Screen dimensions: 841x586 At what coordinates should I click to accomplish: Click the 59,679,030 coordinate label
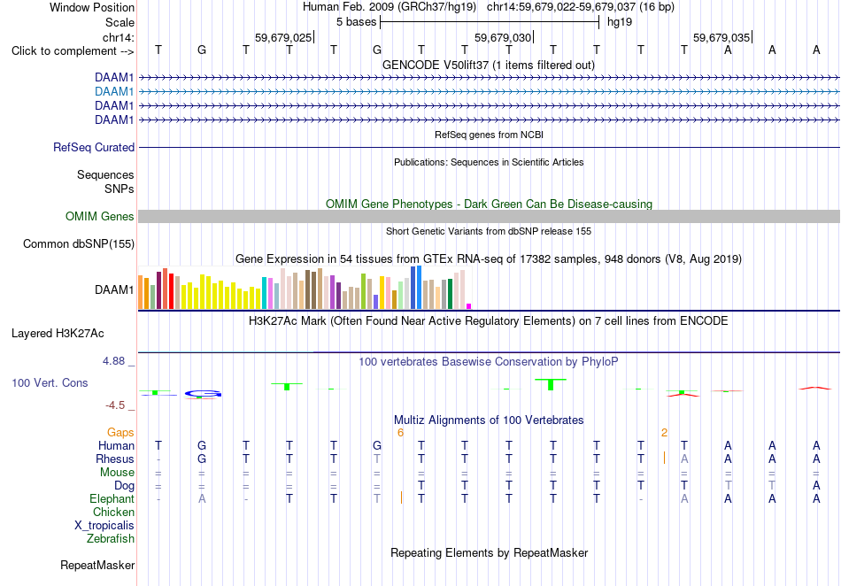pos(503,37)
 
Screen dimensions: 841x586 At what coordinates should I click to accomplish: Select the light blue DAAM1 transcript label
pos(114,92)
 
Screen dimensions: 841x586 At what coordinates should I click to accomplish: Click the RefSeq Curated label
pos(94,148)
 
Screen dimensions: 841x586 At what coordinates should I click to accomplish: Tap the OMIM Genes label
pos(100,216)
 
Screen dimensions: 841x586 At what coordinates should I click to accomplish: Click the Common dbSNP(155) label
pos(79,244)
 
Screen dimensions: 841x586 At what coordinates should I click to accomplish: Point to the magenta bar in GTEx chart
pos(469,306)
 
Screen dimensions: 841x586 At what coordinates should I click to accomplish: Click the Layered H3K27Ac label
pos(58,334)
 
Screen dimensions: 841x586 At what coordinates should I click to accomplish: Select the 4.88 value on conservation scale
pos(113,361)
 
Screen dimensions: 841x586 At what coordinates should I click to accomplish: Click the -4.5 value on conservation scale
pos(115,405)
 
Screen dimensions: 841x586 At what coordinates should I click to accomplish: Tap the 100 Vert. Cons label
pos(50,382)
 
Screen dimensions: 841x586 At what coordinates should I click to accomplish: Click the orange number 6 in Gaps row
pos(400,433)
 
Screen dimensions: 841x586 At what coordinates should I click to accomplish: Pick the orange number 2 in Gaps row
pos(664,433)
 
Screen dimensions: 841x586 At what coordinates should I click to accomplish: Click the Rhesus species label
pos(115,459)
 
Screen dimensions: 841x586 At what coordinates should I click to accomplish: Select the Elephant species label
pos(112,499)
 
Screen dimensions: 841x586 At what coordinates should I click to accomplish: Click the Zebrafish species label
pos(111,539)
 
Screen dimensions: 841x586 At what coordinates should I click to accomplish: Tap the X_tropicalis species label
pos(104,526)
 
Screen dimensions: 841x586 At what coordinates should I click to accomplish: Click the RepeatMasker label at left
pos(97,565)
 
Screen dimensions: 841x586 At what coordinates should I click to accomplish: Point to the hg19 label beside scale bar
pos(620,22)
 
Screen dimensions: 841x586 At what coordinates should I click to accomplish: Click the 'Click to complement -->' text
pos(73,51)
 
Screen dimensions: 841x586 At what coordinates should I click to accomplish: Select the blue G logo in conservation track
pos(203,394)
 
